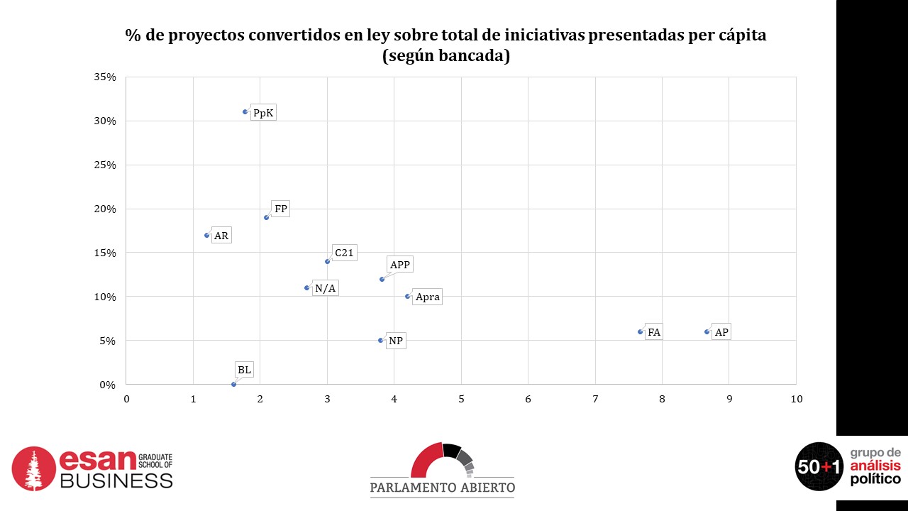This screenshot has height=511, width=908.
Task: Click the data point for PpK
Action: tap(245, 111)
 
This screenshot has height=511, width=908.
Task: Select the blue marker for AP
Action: tap(707, 331)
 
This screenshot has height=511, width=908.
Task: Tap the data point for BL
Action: tap(233, 384)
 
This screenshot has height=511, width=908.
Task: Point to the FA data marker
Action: tap(640, 331)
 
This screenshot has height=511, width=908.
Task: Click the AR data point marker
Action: tap(207, 235)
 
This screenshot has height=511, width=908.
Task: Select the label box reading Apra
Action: tap(427, 297)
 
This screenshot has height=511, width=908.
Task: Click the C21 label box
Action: tap(344, 253)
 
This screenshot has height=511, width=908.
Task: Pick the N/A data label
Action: tap(325, 288)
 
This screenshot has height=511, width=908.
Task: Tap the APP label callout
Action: tap(400, 265)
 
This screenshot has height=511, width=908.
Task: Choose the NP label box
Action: tap(396, 341)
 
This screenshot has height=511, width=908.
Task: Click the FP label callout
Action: tap(280, 209)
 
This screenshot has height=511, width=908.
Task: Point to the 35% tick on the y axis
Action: tap(104, 77)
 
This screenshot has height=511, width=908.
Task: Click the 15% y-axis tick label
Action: tap(104, 253)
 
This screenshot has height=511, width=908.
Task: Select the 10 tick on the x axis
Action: tap(796, 399)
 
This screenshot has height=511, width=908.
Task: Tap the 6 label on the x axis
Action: tap(528, 399)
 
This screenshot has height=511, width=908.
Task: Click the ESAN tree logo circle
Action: tap(33, 468)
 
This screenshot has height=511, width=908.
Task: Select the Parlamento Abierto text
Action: tap(442, 488)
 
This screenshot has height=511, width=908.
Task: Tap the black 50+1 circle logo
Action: tap(819, 466)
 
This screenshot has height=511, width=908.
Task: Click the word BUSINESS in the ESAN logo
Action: tap(116, 480)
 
